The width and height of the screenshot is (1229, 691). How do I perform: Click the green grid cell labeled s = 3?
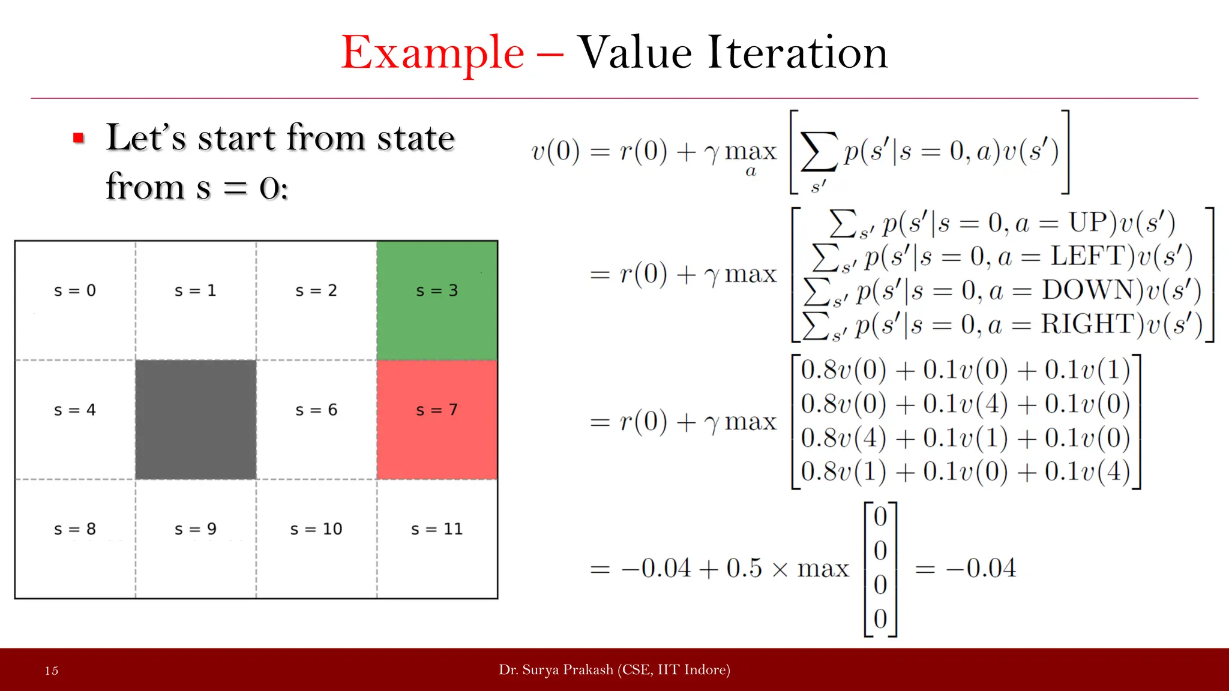click(437, 300)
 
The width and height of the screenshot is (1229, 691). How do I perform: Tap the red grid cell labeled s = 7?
click(437, 419)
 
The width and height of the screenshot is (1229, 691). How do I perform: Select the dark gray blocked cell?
click(196, 419)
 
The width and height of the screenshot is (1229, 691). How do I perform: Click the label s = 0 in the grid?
click(75, 291)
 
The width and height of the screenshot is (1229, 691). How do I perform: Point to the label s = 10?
click(316, 529)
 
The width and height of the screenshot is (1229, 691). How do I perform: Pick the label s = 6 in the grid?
click(316, 410)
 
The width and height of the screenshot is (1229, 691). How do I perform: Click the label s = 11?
click(437, 529)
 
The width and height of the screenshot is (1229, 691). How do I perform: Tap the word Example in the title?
click(433, 53)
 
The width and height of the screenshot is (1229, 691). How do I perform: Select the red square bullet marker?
click(78, 139)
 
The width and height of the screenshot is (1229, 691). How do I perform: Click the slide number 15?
click(52, 671)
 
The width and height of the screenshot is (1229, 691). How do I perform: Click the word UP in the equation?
click(1088, 223)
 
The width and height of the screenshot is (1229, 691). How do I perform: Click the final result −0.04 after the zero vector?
click(981, 568)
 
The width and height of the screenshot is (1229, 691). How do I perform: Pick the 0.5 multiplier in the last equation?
click(744, 568)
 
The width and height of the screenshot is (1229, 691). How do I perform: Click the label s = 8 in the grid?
click(75, 529)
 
